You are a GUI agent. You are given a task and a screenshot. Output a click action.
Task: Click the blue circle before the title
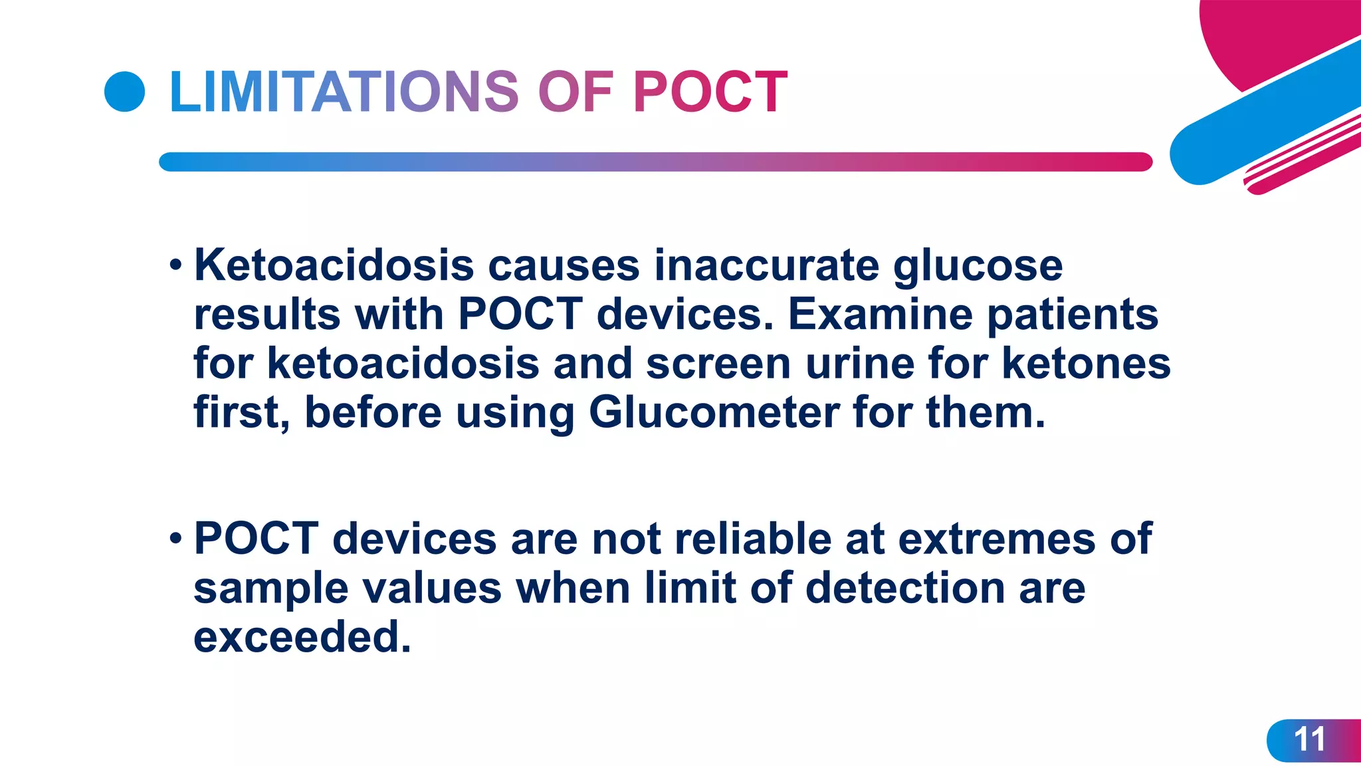pyautogui.click(x=125, y=92)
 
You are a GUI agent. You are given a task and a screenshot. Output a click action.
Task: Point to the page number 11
pyautogui.click(x=1309, y=739)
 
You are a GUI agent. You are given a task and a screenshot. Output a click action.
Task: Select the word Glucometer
pyautogui.click(x=714, y=414)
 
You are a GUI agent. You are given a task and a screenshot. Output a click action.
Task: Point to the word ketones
pyautogui.click(x=1086, y=364)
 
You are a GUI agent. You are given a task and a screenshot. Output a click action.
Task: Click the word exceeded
pyautogui.click(x=302, y=638)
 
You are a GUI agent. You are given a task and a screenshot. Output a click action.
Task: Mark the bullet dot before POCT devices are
pyautogui.click(x=175, y=538)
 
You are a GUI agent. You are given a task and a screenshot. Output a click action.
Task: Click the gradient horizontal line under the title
pyautogui.click(x=655, y=162)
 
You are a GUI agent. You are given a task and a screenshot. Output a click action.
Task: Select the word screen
pyautogui.click(x=718, y=364)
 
